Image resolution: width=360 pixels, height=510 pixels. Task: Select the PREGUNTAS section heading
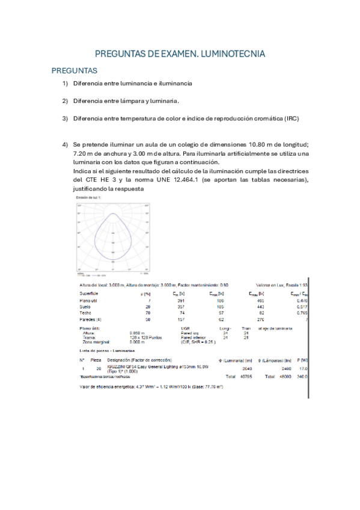74,70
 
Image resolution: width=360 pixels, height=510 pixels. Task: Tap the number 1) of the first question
65,84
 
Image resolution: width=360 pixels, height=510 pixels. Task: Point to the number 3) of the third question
65,118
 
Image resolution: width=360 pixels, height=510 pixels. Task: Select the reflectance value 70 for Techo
148,313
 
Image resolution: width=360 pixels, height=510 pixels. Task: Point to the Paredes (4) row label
91,319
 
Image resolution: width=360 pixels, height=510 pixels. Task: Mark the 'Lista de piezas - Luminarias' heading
107,349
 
